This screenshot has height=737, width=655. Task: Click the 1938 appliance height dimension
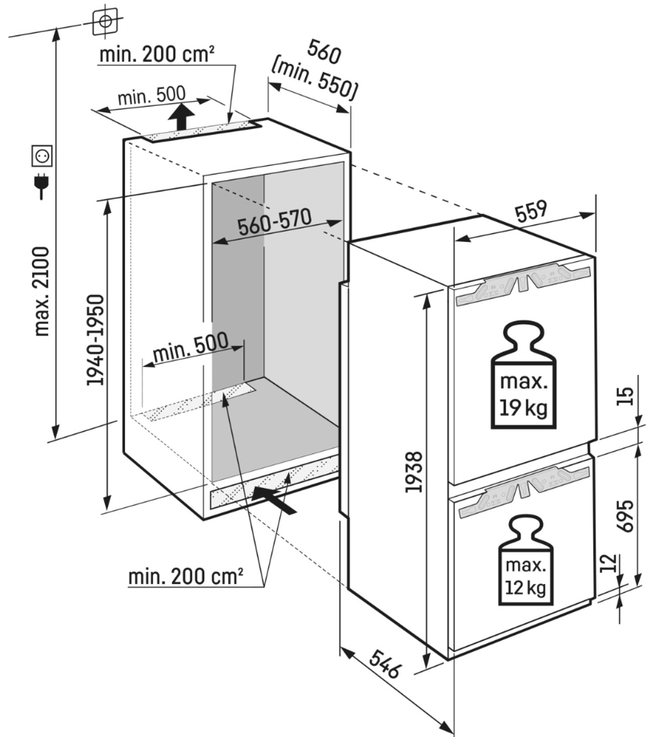(413, 473)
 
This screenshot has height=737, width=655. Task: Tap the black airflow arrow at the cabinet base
(273, 499)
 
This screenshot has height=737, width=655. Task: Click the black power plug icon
(41, 187)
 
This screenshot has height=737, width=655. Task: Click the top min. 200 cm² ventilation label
(157, 54)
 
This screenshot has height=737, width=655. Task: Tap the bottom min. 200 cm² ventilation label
(185, 576)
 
